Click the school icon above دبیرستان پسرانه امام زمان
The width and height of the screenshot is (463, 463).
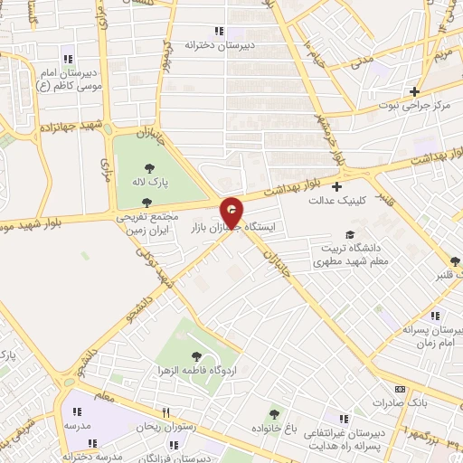(x=435, y=317)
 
